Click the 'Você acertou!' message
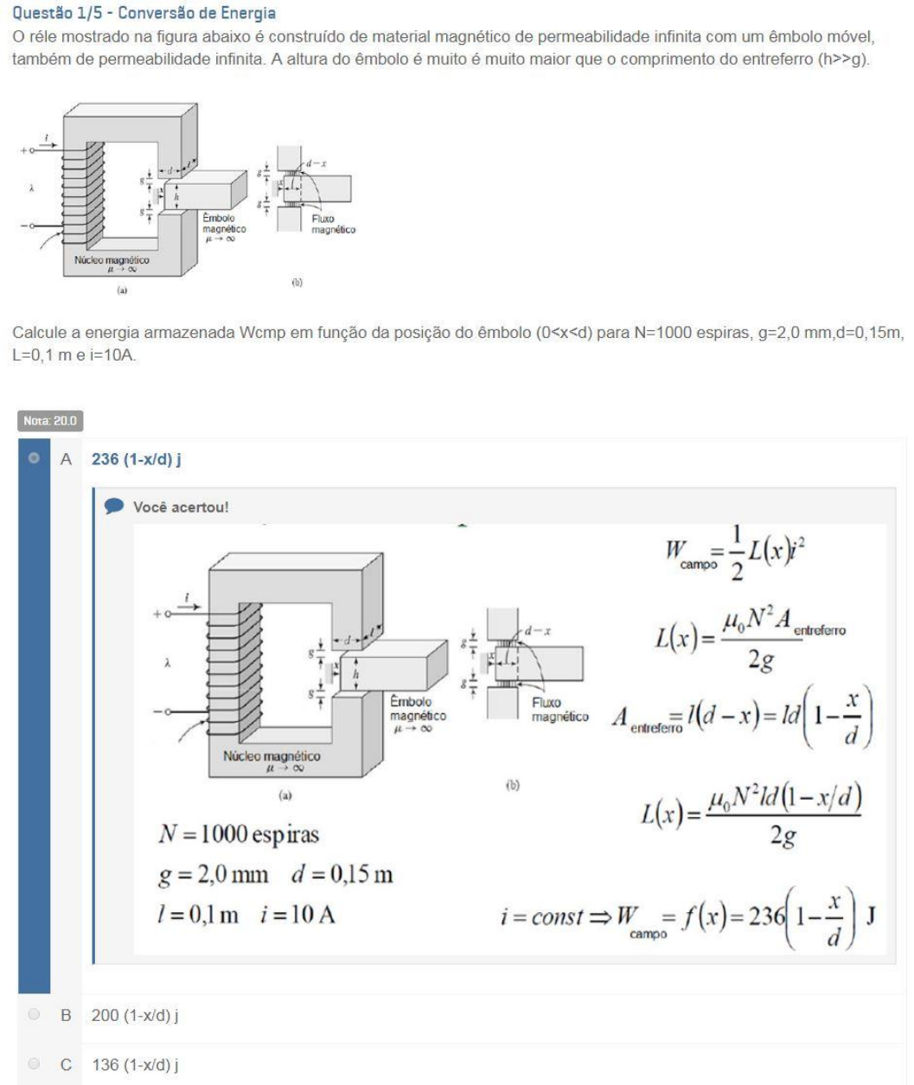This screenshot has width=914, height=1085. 181,507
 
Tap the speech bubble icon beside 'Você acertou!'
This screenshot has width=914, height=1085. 113,507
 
